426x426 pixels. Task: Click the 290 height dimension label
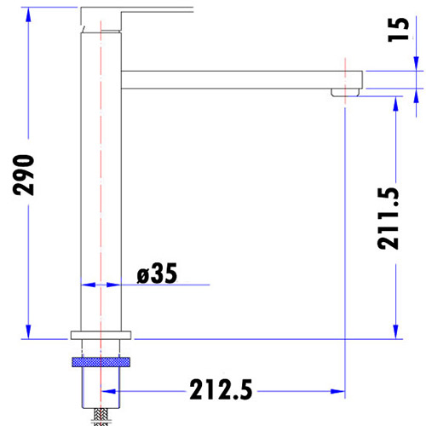[23, 175]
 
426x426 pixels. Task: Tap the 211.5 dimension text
[388, 219]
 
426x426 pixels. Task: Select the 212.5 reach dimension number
[221, 389]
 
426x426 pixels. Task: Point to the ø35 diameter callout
[157, 273]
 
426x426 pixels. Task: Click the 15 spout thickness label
[399, 30]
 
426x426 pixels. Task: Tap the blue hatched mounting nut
[101, 362]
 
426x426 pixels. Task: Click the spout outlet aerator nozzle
[345, 92]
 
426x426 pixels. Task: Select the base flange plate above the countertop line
[101, 335]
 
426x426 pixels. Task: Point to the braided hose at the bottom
[101, 417]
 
